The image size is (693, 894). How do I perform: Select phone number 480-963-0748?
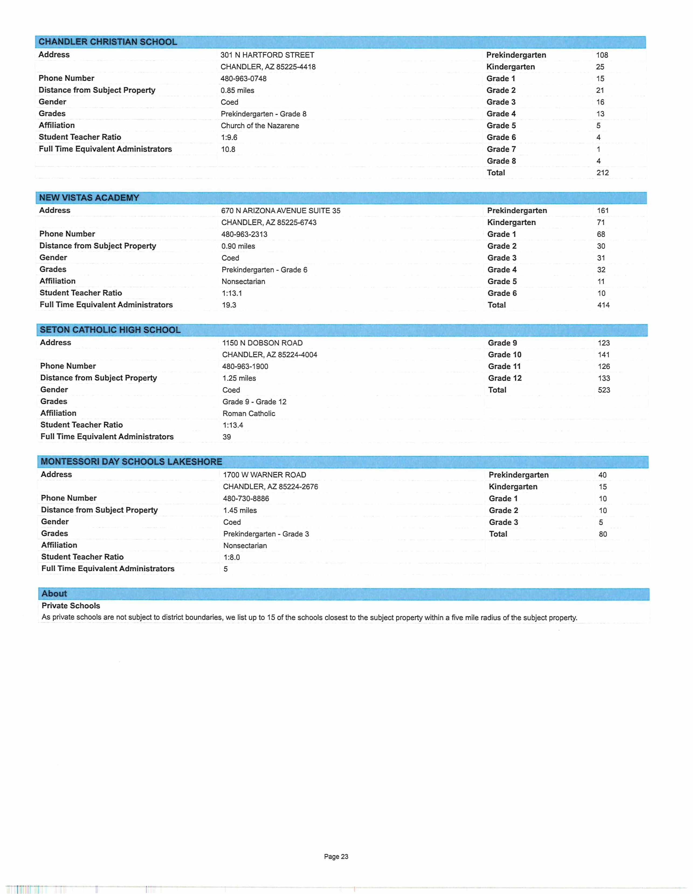click(x=243, y=78)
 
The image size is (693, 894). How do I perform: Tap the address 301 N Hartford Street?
click(x=267, y=55)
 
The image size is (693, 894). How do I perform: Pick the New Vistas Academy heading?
click(x=89, y=198)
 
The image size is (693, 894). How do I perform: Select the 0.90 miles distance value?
click(x=238, y=246)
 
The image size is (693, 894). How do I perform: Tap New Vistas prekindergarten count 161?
click(x=603, y=210)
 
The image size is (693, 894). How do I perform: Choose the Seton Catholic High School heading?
click(x=110, y=330)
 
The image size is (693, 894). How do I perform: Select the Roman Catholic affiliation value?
click(x=249, y=413)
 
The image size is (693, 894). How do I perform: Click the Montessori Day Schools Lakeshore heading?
click(x=131, y=462)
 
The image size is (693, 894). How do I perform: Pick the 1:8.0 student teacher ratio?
click(x=232, y=557)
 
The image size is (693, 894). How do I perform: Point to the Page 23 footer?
click(x=336, y=856)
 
